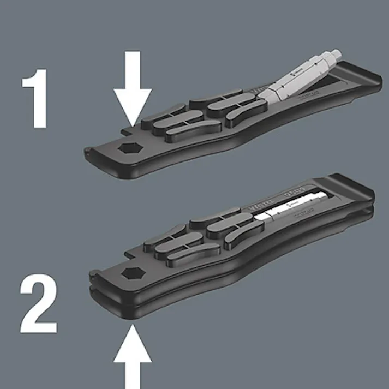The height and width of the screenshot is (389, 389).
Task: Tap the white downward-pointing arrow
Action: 133,87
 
